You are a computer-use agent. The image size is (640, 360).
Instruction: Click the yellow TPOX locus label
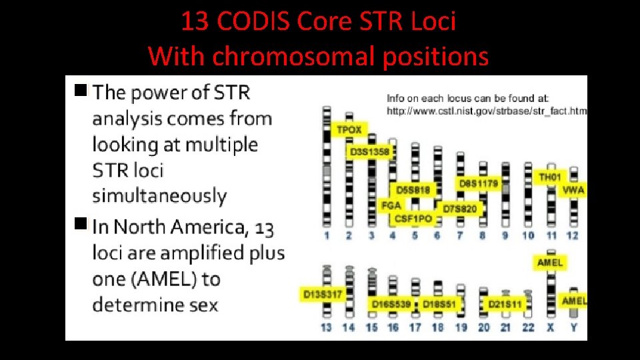pyautogui.click(x=349, y=129)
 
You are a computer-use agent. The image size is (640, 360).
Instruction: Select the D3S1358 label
pyautogui.click(x=369, y=152)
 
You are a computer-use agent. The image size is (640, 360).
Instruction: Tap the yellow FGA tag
pyautogui.click(x=391, y=205)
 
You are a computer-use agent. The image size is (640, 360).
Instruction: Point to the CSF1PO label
pyautogui.click(x=413, y=218)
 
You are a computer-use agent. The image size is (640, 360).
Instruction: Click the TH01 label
pyautogui.click(x=550, y=177)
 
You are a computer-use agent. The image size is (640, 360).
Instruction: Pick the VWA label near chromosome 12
pyautogui.click(x=573, y=190)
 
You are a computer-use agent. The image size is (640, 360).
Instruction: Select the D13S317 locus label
pyautogui.click(x=323, y=294)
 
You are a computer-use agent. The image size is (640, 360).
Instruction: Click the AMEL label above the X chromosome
pyautogui.click(x=550, y=263)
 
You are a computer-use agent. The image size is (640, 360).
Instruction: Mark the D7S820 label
pyautogui.click(x=460, y=209)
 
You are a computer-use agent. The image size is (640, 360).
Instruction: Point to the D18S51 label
pyautogui.click(x=439, y=304)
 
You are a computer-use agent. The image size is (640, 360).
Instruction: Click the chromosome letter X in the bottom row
pyautogui.click(x=551, y=327)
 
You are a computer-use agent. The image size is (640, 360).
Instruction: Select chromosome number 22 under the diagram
pyautogui.click(x=528, y=327)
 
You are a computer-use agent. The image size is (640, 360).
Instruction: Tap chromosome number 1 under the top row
pyautogui.click(x=327, y=235)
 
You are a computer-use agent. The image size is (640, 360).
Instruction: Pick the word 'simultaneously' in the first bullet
pyautogui.click(x=159, y=196)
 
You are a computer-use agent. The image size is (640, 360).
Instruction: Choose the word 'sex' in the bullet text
pyautogui.click(x=202, y=305)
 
